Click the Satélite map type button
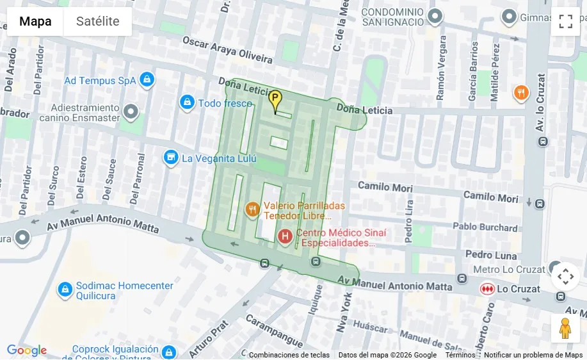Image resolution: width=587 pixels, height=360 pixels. (x=97, y=21)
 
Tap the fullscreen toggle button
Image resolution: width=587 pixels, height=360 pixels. (x=565, y=21)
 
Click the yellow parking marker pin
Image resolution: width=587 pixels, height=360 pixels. (x=275, y=100)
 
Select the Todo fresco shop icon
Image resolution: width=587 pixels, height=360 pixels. (x=187, y=102)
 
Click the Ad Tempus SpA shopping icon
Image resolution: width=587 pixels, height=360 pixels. (x=147, y=80)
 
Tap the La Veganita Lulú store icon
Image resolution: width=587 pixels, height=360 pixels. (x=171, y=158)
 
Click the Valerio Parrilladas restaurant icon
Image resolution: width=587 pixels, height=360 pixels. (x=252, y=209)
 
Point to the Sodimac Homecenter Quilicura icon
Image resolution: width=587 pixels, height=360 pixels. (x=65, y=290)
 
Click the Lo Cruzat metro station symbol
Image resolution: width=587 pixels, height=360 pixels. (x=487, y=289)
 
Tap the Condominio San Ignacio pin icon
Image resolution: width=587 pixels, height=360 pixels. (x=435, y=16)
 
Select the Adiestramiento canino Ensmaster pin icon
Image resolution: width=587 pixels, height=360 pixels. (x=131, y=113)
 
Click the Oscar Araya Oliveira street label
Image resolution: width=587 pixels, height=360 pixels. (x=227, y=49)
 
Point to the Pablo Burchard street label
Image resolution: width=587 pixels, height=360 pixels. (x=485, y=227)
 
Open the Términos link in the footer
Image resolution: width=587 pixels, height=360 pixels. (x=460, y=355)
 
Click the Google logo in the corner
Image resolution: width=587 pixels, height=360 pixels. (x=26, y=350)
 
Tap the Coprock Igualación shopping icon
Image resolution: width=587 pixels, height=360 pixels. (x=168, y=352)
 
